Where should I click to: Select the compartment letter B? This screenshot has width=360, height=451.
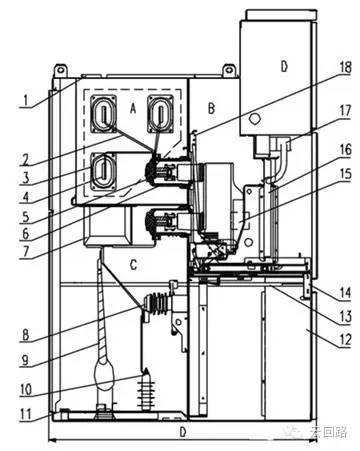[x=211, y=106]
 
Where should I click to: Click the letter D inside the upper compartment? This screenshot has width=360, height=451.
[x=283, y=66]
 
